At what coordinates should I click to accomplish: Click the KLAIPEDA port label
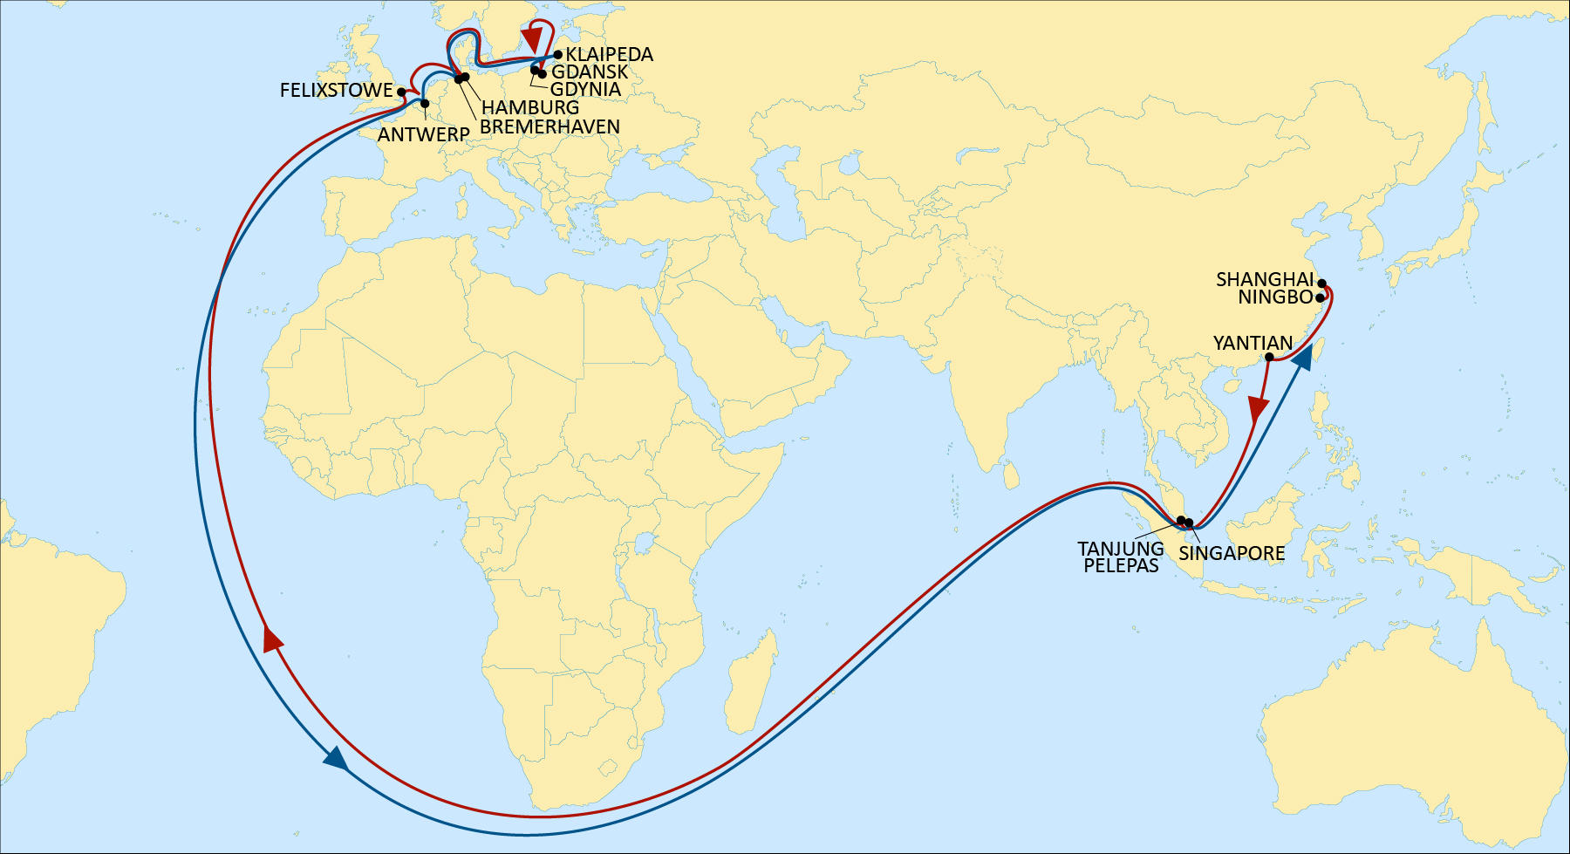click(x=609, y=54)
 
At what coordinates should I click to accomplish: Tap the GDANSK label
click(x=590, y=72)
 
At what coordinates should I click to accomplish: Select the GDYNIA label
click(x=585, y=90)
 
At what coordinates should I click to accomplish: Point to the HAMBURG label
click(x=530, y=108)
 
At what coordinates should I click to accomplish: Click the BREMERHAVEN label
click(x=549, y=127)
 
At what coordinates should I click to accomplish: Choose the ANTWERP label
click(x=423, y=135)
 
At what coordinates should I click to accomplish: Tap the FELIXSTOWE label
click(x=336, y=91)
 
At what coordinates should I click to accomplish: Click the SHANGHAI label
click(x=1265, y=280)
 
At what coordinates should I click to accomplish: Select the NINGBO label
click(x=1275, y=297)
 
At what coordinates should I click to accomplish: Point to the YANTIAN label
click(x=1253, y=344)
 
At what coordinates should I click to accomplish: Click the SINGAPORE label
click(x=1232, y=553)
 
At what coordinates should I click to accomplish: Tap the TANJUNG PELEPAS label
click(x=1121, y=557)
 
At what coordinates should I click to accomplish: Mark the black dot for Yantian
click(x=1269, y=357)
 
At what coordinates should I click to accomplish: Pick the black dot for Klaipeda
click(x=558, y=54)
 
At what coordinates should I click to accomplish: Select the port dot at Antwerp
click(x=425, y=105)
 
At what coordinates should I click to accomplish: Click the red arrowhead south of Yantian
click(x=1257, y=409)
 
